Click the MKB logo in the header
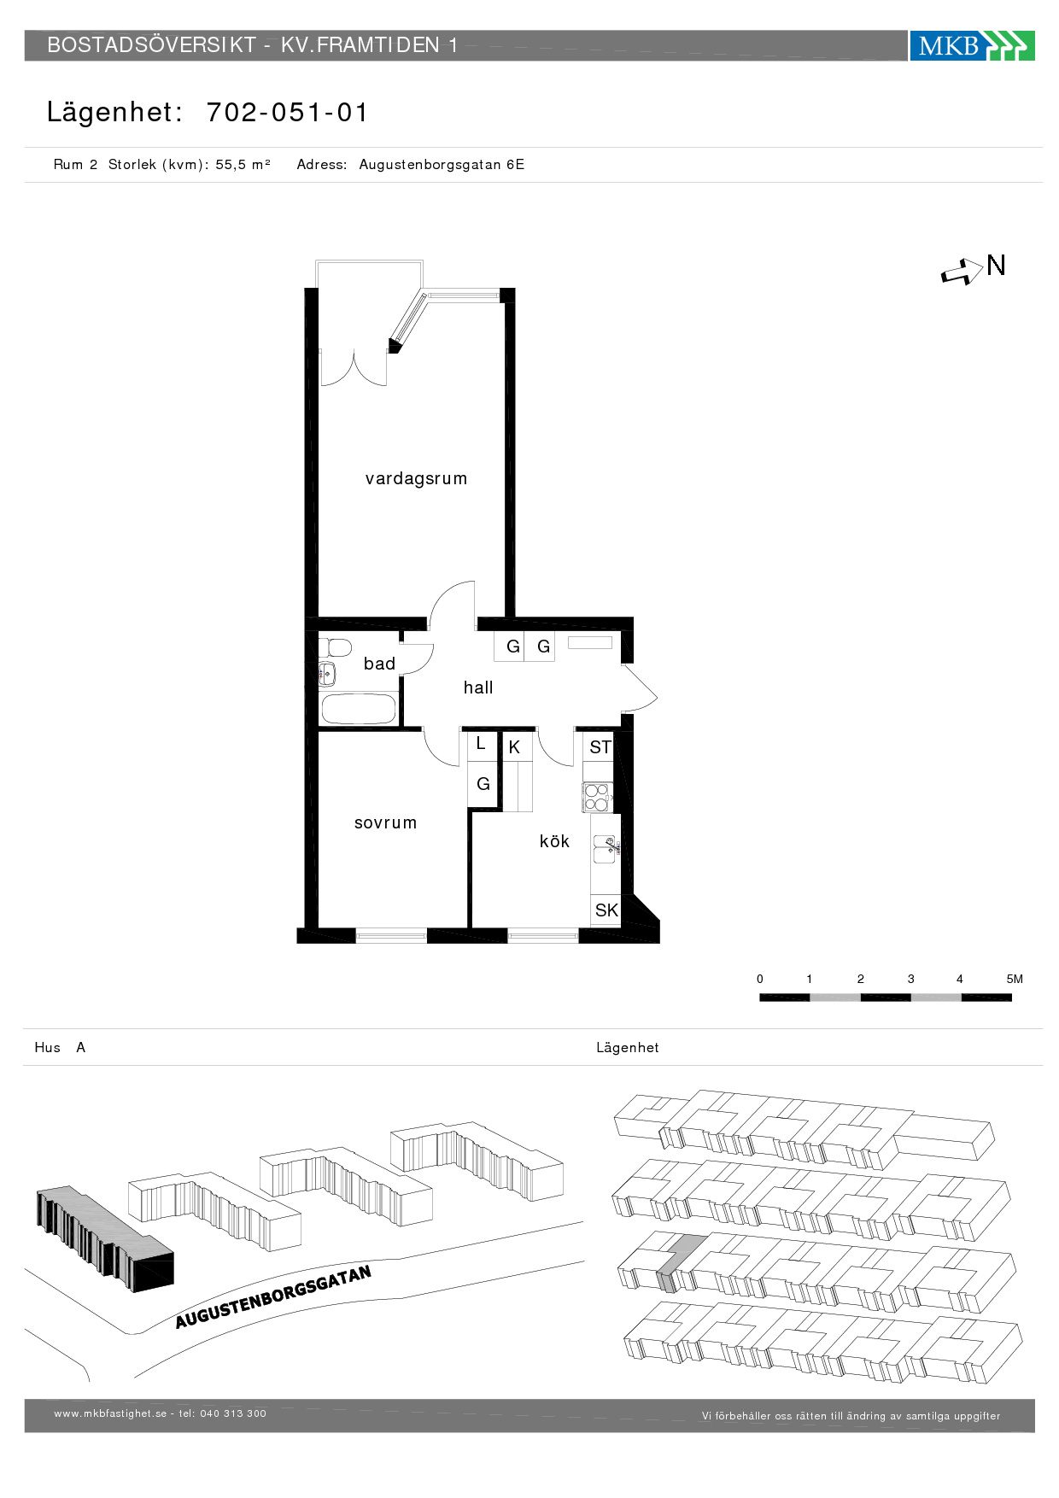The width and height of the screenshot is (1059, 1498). pyautogui.click(x=972, y=45)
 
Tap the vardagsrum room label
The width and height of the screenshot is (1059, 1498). pyautogui.click(x=416, y=478)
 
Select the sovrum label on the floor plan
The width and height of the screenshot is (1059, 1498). pyautogui.click(x=385, y=822)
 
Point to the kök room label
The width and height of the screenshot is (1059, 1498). pyautogui.click(x=554, y=841)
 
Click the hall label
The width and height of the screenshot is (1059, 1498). pyautogui.click(x=478, y=688)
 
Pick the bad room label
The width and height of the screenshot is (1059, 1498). pyautogui.click(x=379, y=664)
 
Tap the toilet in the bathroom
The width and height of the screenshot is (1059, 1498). pyautogui.click(x=336, y=647)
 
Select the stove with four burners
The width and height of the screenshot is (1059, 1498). pyautogui.click(x=597, y=797)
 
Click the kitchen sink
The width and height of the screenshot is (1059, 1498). pyautogui.click(x=605, y=850)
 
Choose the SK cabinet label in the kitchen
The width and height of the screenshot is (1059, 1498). pyautogui.click(x=606, y=910)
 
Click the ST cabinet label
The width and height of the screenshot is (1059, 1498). pyautogui.click(x=600, y=747)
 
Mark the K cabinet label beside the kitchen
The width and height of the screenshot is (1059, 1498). pyautogui.click(x=514, y=747)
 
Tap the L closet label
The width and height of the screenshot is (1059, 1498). pyautogui.click(x=481, y=744)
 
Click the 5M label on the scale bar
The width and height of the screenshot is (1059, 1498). pyautogui.click(x=1015, y=979)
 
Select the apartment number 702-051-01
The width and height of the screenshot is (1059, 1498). pyautogui.click(x=287, y=112)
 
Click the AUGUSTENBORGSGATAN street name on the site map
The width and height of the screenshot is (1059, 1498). pyautogui.click(x=273, y=1297)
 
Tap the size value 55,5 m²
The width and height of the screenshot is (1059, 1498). pyautogui.click(x=243, y=164)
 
